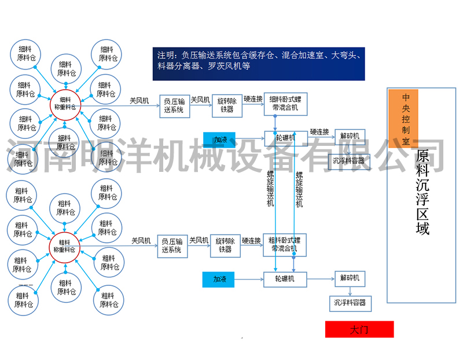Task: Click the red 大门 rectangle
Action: pos(359,329)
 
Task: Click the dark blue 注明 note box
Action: pos(258,63)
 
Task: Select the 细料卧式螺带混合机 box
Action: pos(285,105)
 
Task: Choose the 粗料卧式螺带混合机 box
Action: pos(284,245)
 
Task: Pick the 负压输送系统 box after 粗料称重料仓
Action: pos(172,246)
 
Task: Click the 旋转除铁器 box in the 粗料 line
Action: pos(225,245)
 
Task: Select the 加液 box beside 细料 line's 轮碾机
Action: pos(219,139)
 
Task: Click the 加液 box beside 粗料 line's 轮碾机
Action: pos(218,279)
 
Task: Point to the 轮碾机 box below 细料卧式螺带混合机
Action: pos(285,138)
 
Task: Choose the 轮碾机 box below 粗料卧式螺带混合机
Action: pos(285,279)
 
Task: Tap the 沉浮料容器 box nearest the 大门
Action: pos(350,303)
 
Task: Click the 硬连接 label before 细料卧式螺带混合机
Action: pos(252,98)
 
